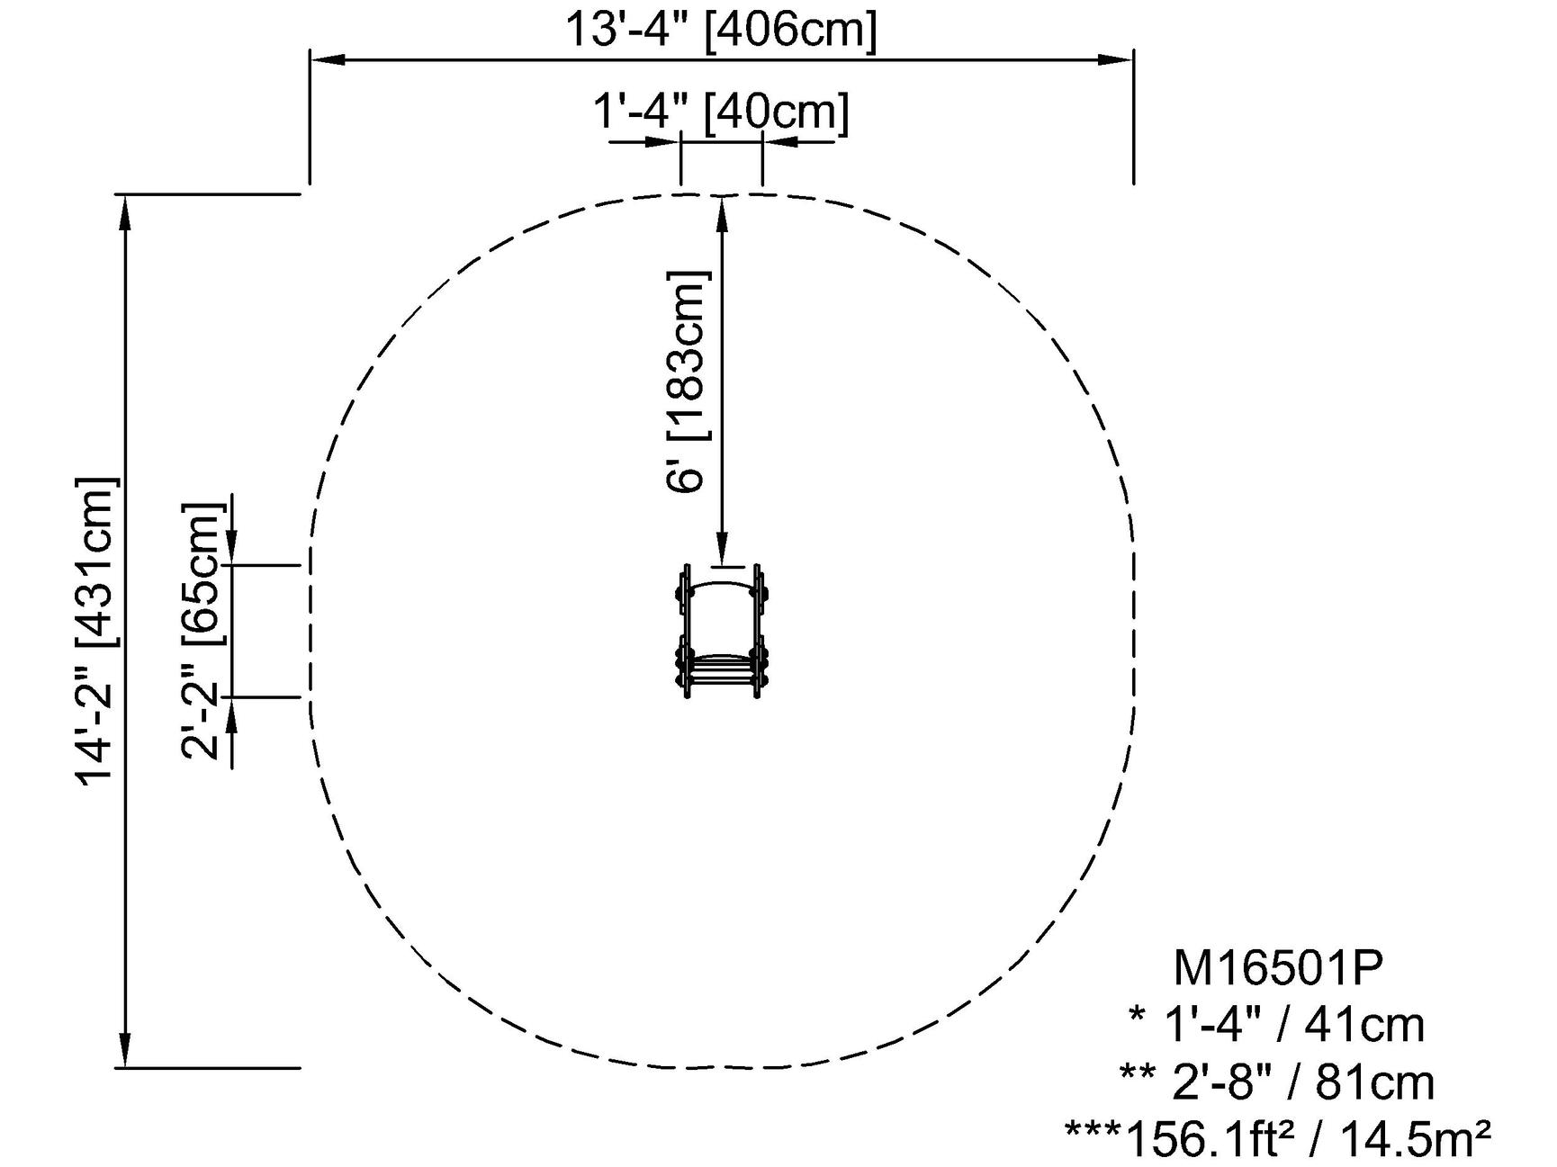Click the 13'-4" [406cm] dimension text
click(x=720, y=29)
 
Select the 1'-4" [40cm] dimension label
click(x=720, y=112)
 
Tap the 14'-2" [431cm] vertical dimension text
click(x=97, y=631)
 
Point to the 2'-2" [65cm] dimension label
click(x=201, y=631)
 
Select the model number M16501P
click(x=1278, y=968)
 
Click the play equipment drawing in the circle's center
click(x=722, y=632)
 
